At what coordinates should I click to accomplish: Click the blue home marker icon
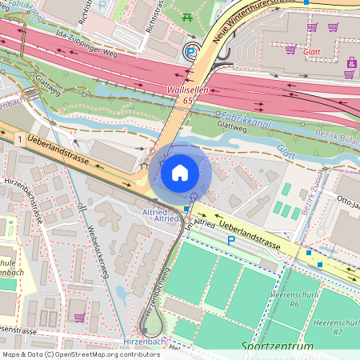tap(180, 172)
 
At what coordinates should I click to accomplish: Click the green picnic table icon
tap(187, 16)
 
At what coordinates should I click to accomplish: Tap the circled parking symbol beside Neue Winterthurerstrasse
tap(190, 52)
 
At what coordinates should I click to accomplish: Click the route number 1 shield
tap(18, 140)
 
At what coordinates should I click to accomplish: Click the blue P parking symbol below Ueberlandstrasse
tap(231, 240)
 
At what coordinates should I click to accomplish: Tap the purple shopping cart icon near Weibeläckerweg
tap(79, 318)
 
